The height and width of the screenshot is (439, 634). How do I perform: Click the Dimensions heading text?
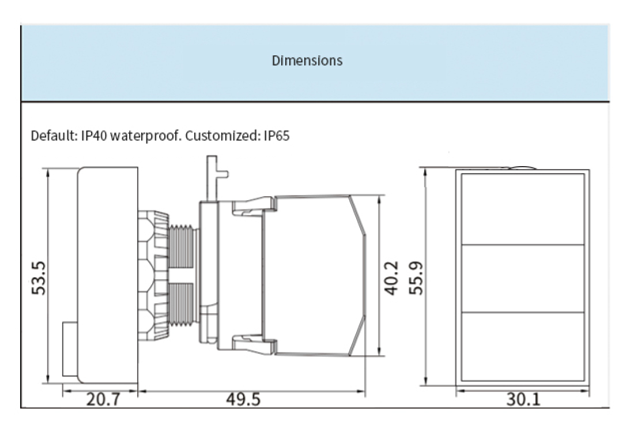coord(307,61)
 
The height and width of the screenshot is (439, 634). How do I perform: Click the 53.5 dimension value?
coord(39,277)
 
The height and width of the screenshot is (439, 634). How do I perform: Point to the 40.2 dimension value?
coord(391,277)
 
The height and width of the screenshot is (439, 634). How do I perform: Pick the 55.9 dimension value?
coord(416,277)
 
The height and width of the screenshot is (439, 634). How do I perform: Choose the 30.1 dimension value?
coord(523,399)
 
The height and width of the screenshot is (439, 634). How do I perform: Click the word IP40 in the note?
coord(93,136)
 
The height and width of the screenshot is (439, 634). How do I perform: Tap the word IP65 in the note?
coord(277,136)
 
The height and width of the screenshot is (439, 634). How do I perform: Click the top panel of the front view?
coord(523,208)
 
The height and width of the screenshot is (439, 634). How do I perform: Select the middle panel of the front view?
coord(523,279)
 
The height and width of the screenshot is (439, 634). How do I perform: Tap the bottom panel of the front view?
coord(523,346)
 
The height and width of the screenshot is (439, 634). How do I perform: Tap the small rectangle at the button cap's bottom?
coord(70,350)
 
